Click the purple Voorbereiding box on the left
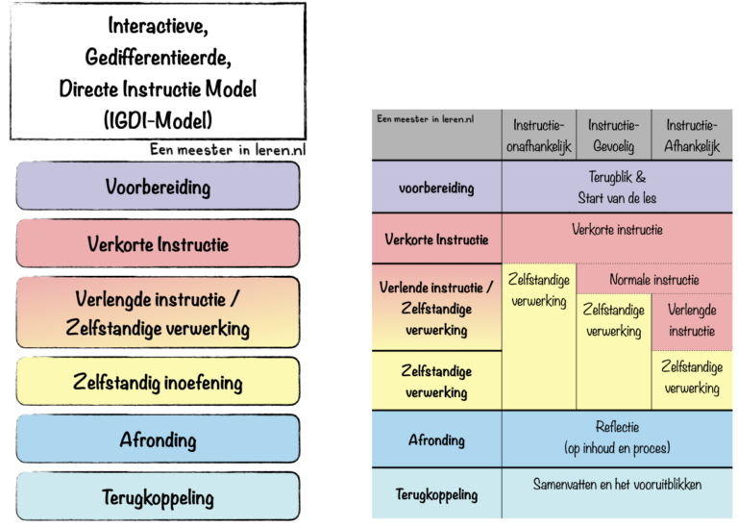(x=158, y=186)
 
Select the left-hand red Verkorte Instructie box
(x=158, y=243)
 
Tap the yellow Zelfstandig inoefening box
(x=158, y=382)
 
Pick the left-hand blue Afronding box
(x=158, y=439)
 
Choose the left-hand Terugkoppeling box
(x=158, y=497)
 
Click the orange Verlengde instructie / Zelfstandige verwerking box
(x=158, y=313)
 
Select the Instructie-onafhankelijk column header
(x=538, y=136)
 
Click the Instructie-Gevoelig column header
(x=613, y=136)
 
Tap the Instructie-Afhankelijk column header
(x=692, y=136)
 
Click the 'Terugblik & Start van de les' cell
(x=617, y=188)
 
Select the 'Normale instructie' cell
(x=653, y=280)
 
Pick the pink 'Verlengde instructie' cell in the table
(x=692, y=321)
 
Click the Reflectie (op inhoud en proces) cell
(x=617, y=438)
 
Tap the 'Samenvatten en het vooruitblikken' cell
(x=617, y=485)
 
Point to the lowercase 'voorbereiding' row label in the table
(x=436, y=188)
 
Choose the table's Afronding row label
(x=436, y=439)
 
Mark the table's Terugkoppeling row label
(x=436, y=494)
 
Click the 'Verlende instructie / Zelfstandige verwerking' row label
(x=436, y=308)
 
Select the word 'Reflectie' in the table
(x=617, y=427)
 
